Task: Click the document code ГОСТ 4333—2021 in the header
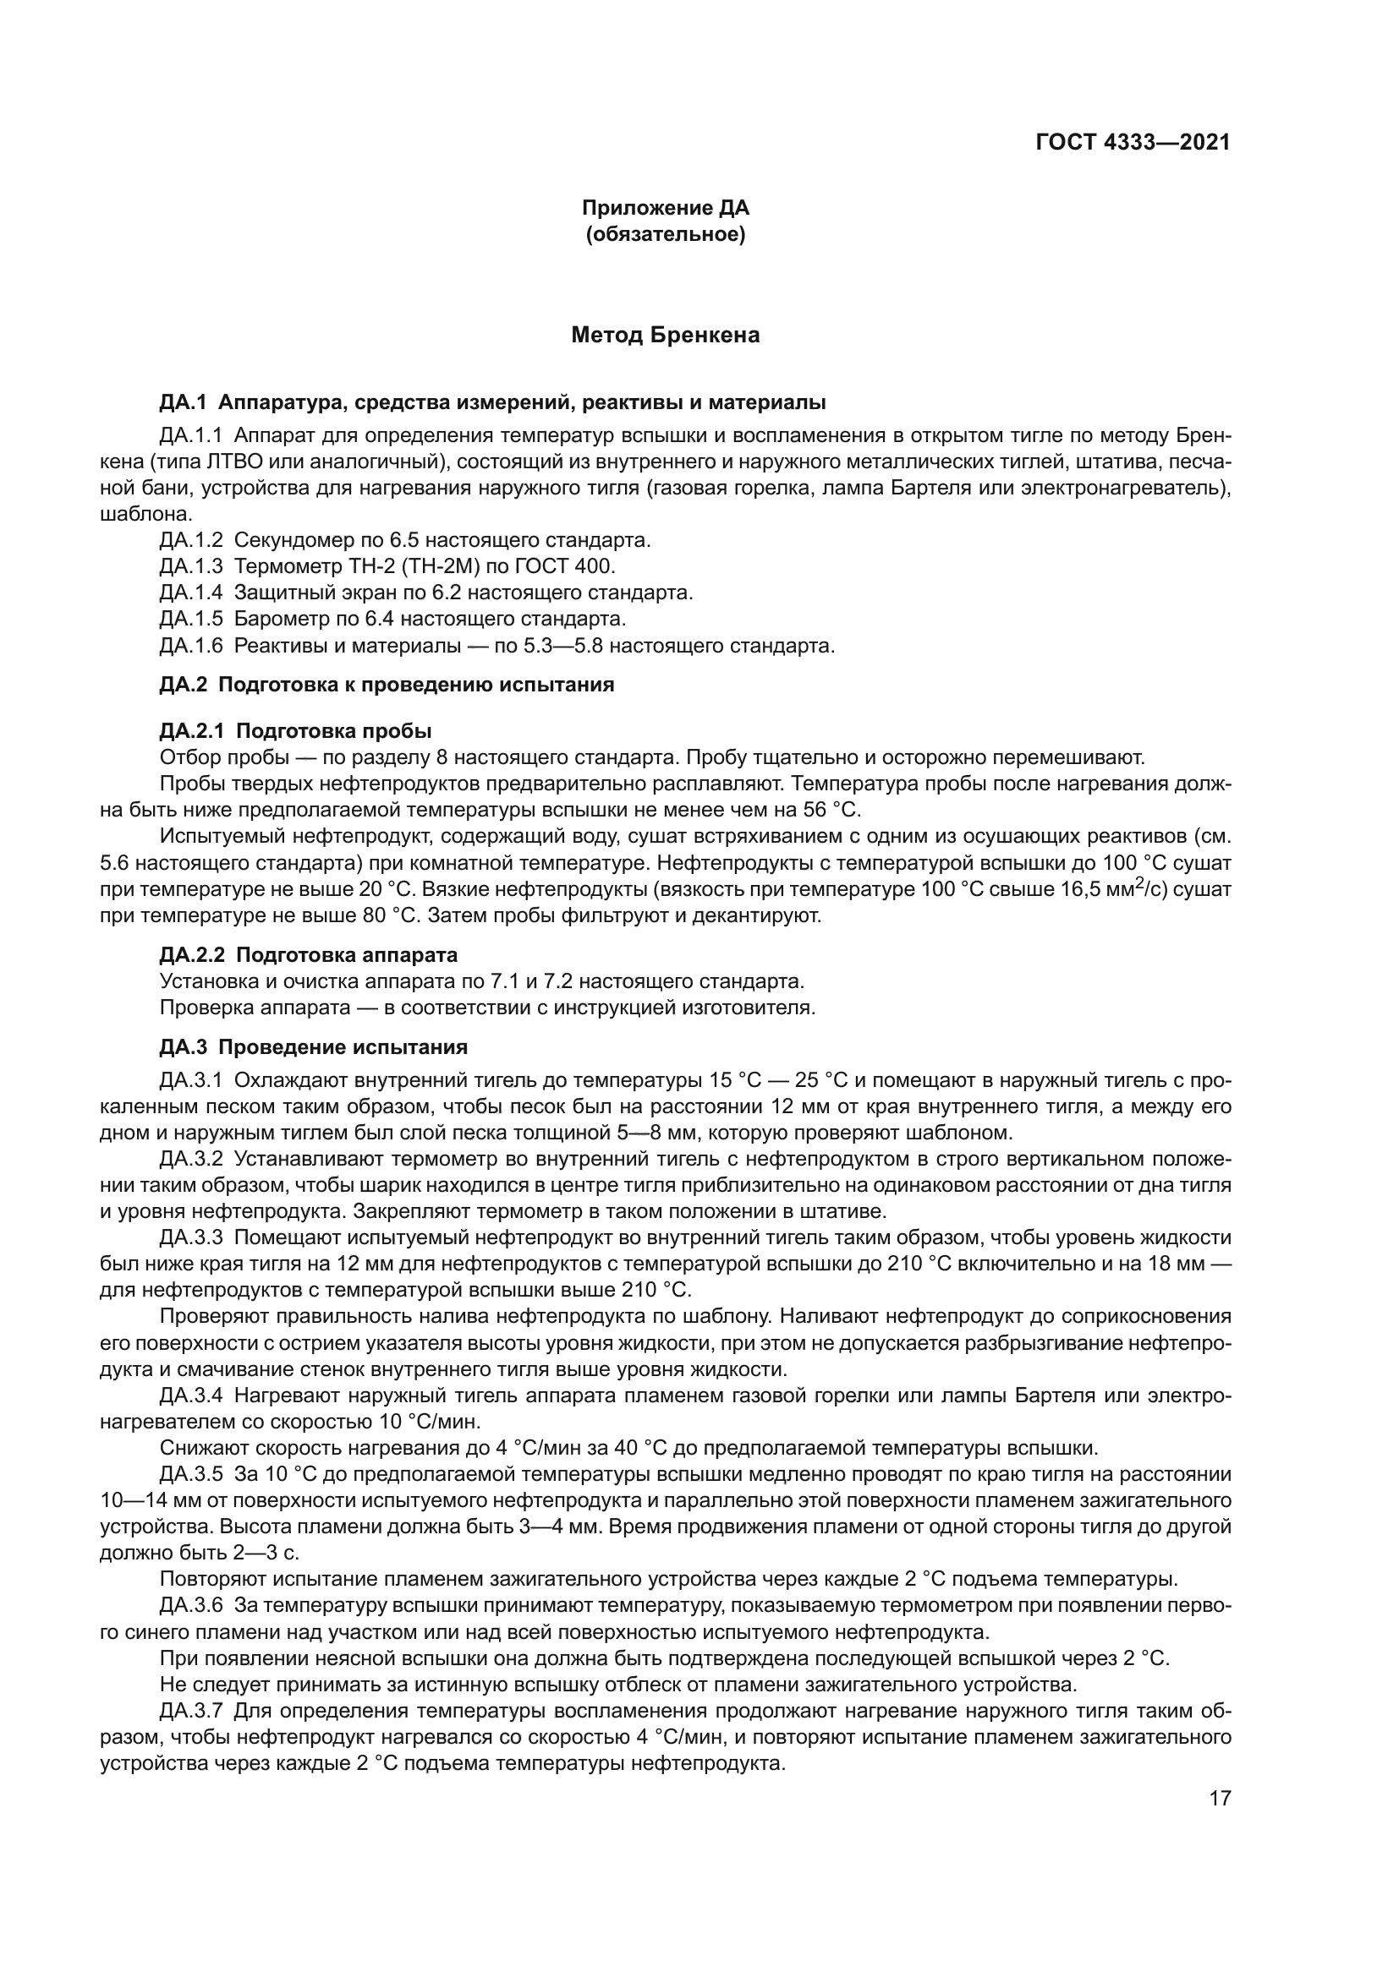tap(1132, 143)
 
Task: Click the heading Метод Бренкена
tap(665, 335)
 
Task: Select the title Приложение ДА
tap(665, 208)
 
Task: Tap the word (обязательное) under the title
tap(665, 234)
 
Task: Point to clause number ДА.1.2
tap(191, 541)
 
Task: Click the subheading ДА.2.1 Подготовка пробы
tap(295, 731)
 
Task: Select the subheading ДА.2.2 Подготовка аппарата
tap(309, 955)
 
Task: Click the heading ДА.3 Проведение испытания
tap(314, 1047)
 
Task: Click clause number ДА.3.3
tap(191, 1237)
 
